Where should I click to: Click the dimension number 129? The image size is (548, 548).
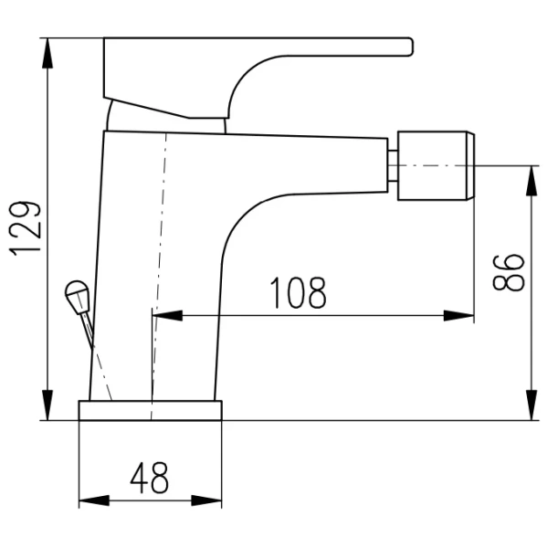tap(26, 228)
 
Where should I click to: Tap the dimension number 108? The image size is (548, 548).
tap(298, 293)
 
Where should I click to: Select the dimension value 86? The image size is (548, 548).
tap(509, 272)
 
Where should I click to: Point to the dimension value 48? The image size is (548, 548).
tap(149, 478)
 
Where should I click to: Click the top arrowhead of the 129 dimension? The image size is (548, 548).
tap(47, 53)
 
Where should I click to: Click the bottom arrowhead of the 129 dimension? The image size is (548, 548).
tap(47, 405)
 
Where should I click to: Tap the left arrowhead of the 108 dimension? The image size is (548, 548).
tap(168, 316)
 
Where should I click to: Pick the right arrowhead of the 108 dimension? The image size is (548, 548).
tap(458, 316)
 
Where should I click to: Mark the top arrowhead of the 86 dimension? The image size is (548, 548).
tap(532, 181)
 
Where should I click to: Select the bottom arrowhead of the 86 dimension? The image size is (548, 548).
tap(532, 405)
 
